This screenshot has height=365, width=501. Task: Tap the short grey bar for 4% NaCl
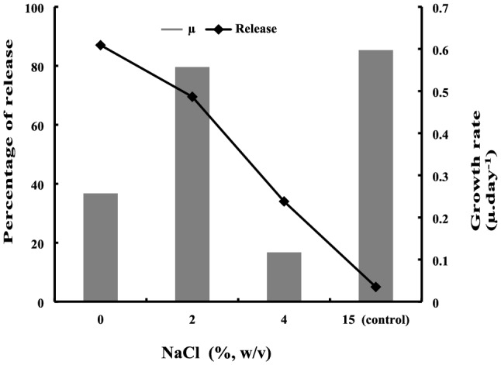(x=284, y=277)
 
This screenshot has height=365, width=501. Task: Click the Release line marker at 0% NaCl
(x=101, y=46)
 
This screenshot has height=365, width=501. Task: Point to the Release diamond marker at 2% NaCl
(x=192, y=97)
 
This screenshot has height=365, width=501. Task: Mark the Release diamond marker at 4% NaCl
(x=284, y=201)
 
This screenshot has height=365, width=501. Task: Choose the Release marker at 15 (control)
(x=376, y=287)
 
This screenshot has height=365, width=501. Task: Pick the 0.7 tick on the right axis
(x=440, y=9)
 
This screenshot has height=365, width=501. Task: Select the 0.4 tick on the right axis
(x=440, y=134)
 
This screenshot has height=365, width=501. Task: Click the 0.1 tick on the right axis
(x=440, y=260)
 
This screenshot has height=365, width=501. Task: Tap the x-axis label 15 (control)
(x=375, y=319)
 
